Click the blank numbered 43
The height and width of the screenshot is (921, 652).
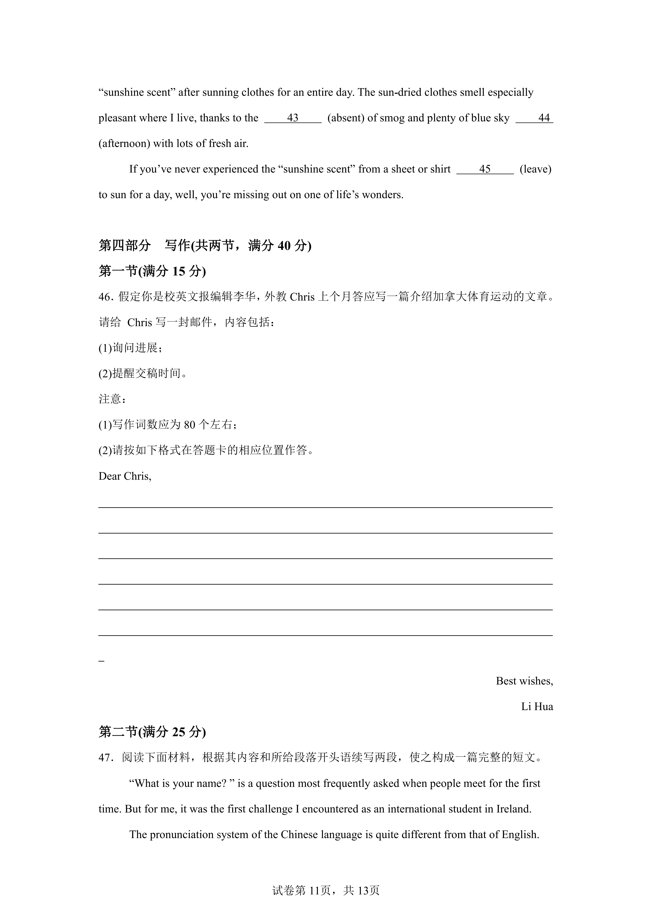pyautogui.click(x=293, y=118)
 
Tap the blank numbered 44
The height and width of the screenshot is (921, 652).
pyautogui.click(x=534, y=118)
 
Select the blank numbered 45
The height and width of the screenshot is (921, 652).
pyautogui.click(x=485, y=169)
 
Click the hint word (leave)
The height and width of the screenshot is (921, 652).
pyautogui.click(x=535, y=169)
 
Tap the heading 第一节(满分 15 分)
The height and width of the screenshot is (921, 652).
pyautogui.click(x=152, y=272)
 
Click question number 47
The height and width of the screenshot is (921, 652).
pyautogui.click(x=104, y=758)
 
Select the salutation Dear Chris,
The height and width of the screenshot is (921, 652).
pyautogui.click(x=125, y=476)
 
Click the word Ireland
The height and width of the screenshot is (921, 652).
pyautogui.click(x=514, y=809)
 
